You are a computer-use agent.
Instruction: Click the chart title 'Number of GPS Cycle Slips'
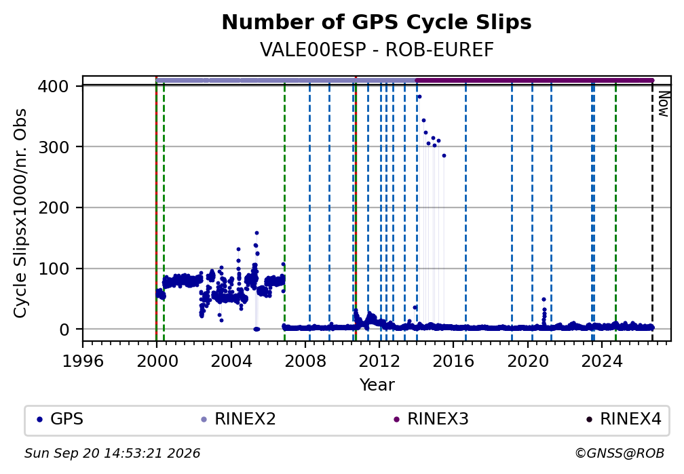377,22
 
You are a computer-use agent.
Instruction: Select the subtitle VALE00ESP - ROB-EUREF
377,50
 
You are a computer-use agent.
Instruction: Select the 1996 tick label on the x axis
83,361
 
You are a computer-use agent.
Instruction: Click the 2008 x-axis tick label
305,361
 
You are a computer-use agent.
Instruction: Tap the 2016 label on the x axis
453,361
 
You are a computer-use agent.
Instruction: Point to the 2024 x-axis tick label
601,361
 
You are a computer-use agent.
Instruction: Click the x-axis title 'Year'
377,384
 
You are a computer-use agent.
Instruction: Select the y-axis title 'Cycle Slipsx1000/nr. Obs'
20,213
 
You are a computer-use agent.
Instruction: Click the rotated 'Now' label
663,104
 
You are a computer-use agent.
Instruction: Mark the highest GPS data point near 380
419,97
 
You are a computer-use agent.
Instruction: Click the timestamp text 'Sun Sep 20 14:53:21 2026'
113,454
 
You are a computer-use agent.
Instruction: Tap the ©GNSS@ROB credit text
620,454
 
